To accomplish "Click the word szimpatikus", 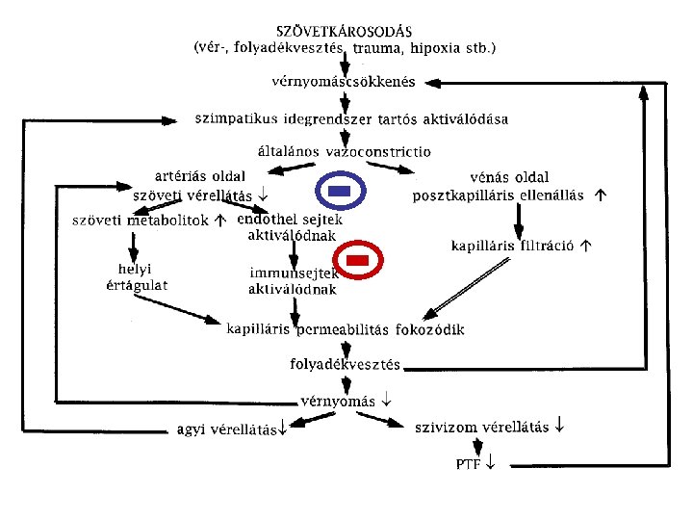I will click(234, 120).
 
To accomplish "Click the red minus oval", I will click(357, 261).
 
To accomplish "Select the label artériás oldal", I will click(200, 176).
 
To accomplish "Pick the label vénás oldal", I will click(510, 177).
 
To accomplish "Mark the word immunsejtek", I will click(292, 273).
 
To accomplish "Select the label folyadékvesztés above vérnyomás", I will click(346, 365).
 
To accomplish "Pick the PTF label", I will click(469, 464).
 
